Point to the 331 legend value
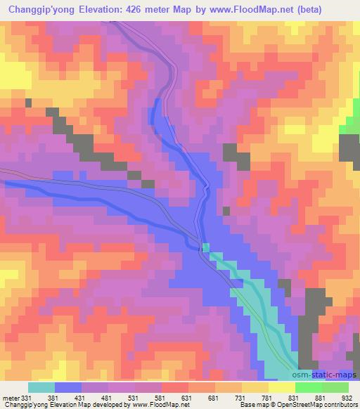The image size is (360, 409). pos(27,398)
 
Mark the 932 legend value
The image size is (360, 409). pos(347,398)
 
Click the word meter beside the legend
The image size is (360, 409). pos(11,398)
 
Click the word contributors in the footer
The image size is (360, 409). pos(336,405)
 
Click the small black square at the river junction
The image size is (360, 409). pos(204,246)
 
